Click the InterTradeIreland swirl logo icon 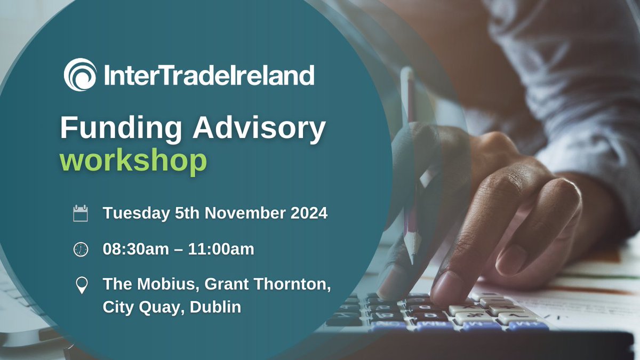tap(80, 75)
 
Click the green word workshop tap(133, 161)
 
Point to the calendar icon tap(81, 214)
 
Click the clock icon tap(81, 249)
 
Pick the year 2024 tap(309, 213)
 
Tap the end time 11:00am tap(223, 249)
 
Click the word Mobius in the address tap(159, 285)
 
